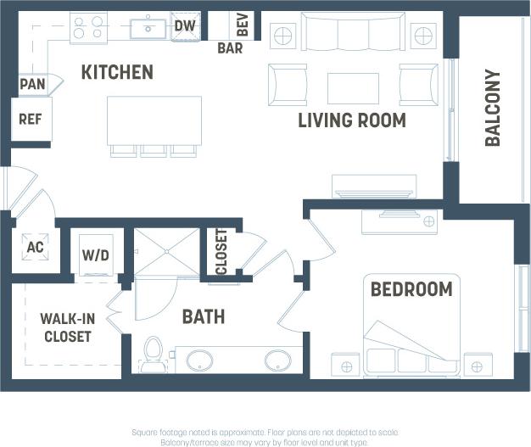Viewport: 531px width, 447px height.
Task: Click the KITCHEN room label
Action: [x=117, y=73]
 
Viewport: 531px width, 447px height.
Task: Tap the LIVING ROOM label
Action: [x=351, y=120]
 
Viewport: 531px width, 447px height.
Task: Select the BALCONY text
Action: [x=493, y=108]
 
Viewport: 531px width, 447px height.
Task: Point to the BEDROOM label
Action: [x=411, y=289]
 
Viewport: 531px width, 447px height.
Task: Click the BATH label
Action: [x=204, y=317]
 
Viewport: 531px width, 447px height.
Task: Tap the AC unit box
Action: [x=35, y=248]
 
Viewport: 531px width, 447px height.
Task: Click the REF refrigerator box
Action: [x=31, y=120]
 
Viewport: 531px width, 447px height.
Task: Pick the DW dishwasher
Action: [x=185, y=26]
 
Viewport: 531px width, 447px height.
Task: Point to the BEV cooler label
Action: [x=243, y=25]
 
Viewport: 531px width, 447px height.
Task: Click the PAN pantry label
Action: [x=32, y=84]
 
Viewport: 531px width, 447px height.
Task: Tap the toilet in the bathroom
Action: [x=154, y=355]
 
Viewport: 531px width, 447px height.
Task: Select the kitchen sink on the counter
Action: [x=149, y=27]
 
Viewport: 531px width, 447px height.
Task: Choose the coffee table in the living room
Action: [x=353, y=87]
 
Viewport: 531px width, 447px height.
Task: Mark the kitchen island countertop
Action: [x=154, y=120]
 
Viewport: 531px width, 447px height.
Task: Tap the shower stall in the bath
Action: [x=167, y=252]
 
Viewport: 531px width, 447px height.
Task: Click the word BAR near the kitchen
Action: [x=230, y=48]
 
